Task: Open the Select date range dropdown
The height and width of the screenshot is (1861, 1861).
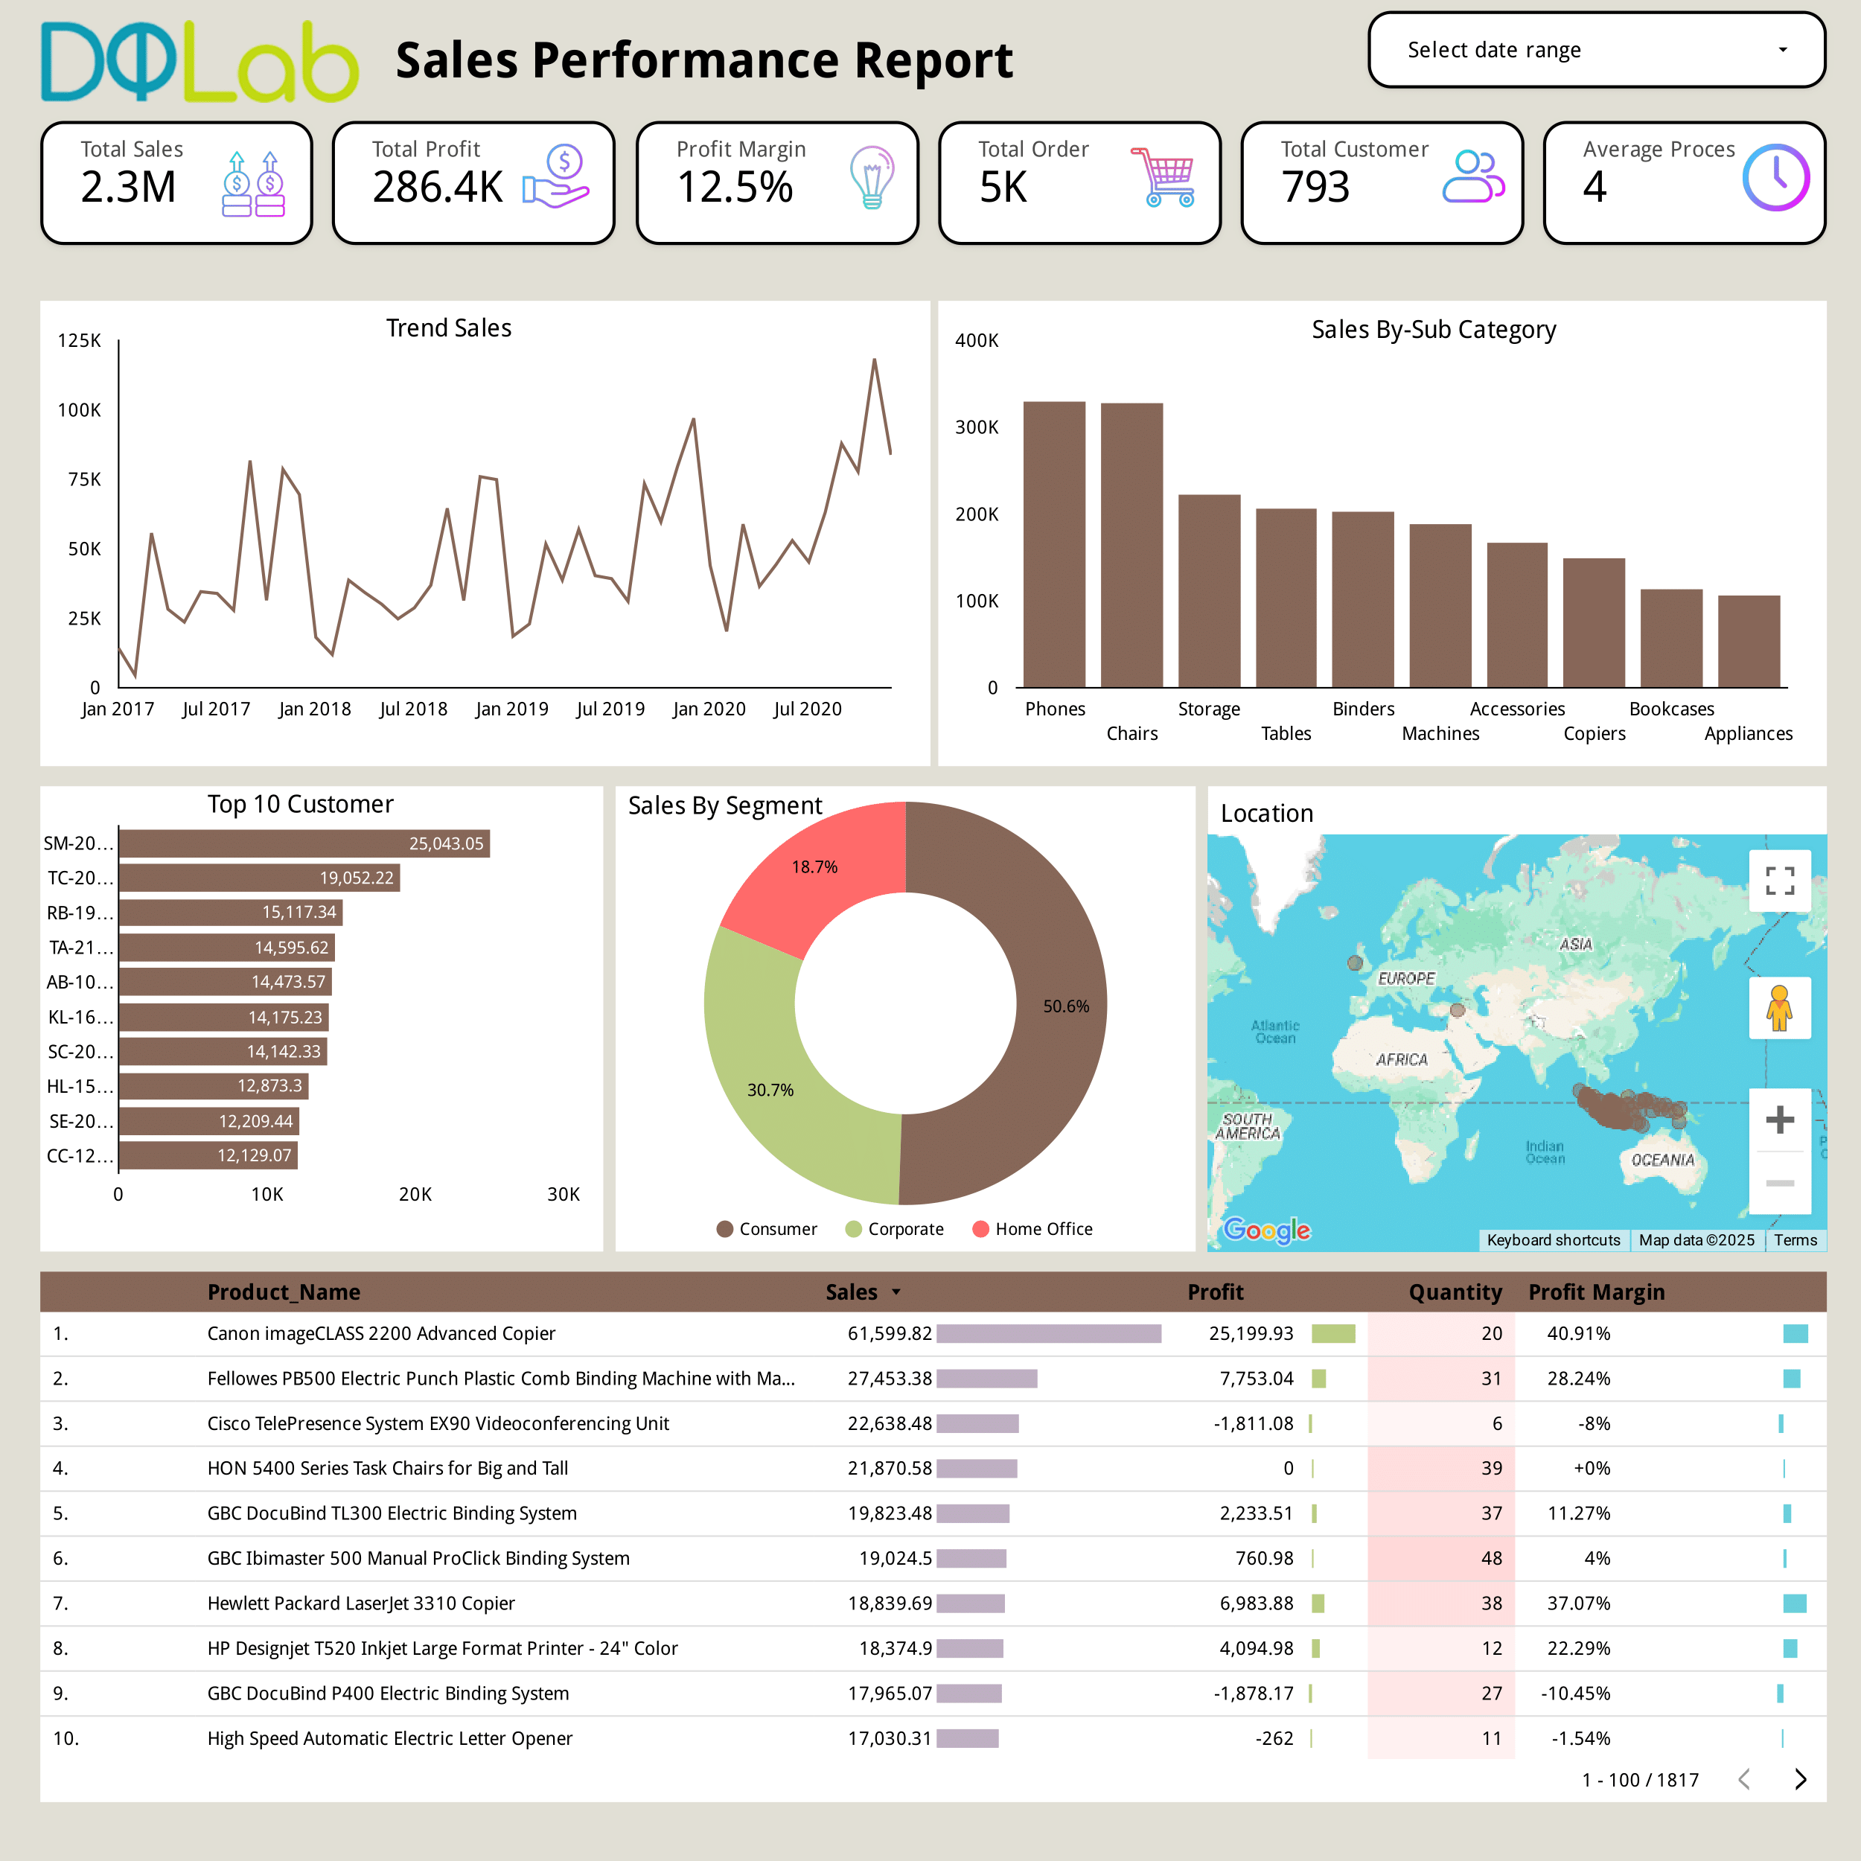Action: (1596, 50)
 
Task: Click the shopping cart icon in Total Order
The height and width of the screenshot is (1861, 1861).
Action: (1166, 177)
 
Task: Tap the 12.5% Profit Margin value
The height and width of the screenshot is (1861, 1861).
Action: (735, 187)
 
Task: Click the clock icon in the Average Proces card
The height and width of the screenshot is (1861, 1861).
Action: (1775, 177)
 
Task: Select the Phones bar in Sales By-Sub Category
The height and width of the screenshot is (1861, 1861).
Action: (1054, 544)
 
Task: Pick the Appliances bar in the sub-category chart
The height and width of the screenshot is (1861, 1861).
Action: (1749, 642)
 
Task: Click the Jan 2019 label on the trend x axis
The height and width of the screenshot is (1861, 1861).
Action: (511, 709)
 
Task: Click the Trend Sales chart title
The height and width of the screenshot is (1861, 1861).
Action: (449, 328)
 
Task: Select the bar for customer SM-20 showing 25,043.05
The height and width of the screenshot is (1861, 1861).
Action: (304, 844)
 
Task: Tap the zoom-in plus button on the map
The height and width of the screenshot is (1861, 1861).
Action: (1779, 1120)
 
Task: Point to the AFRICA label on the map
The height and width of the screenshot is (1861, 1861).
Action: (1402, 1059)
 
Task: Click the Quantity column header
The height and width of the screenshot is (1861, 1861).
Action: (1455, 1292)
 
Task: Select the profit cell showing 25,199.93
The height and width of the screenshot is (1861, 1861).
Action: (1251, 1334)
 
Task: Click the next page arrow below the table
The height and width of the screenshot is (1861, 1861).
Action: (1800, 1779)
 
